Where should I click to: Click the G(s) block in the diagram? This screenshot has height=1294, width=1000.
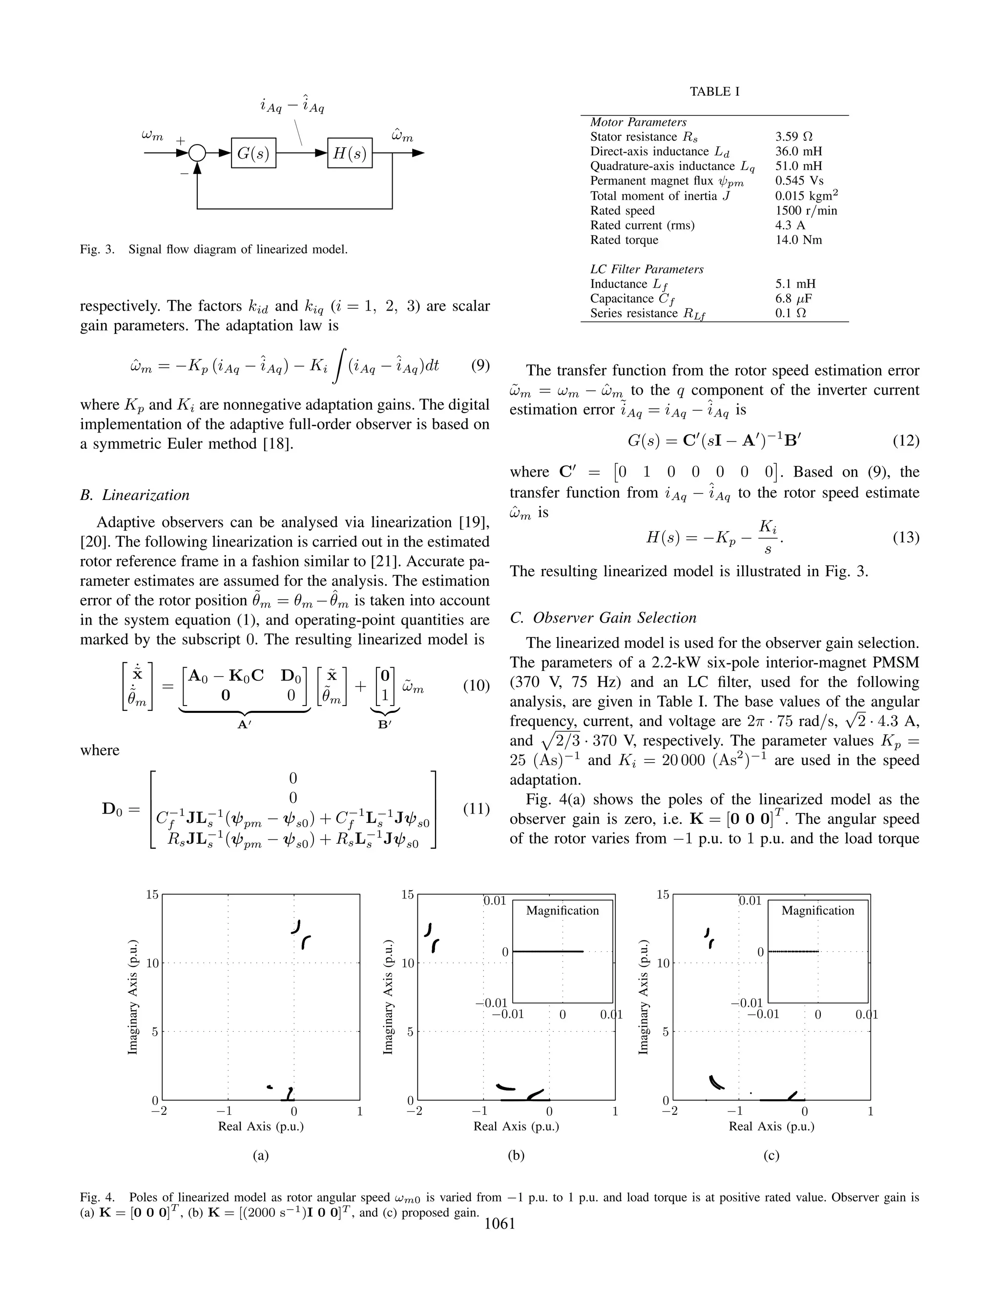[x=253, y=153]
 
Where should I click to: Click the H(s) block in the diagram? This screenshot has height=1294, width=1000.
[x=350, y=153]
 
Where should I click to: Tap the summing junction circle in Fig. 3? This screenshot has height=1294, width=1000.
[x=197, y=153]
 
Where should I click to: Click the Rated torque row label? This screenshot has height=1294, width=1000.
[x=624, y=240]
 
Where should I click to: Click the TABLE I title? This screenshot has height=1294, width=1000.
[x=714, y=92]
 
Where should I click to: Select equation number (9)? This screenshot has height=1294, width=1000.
[x=480, y=365]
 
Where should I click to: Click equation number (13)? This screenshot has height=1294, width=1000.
[x=905, y=538]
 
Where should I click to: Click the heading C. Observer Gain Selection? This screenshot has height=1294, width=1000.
[x=603, y=618]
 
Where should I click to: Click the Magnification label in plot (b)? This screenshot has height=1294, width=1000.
[x=562, y=911]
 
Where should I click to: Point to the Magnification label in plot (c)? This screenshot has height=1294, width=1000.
[x=817, y=911]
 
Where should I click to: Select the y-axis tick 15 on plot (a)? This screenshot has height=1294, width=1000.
[x=152, y=895]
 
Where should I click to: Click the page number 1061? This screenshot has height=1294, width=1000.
[x=500, y=1224]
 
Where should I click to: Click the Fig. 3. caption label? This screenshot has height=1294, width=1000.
[x=97, y=250]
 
